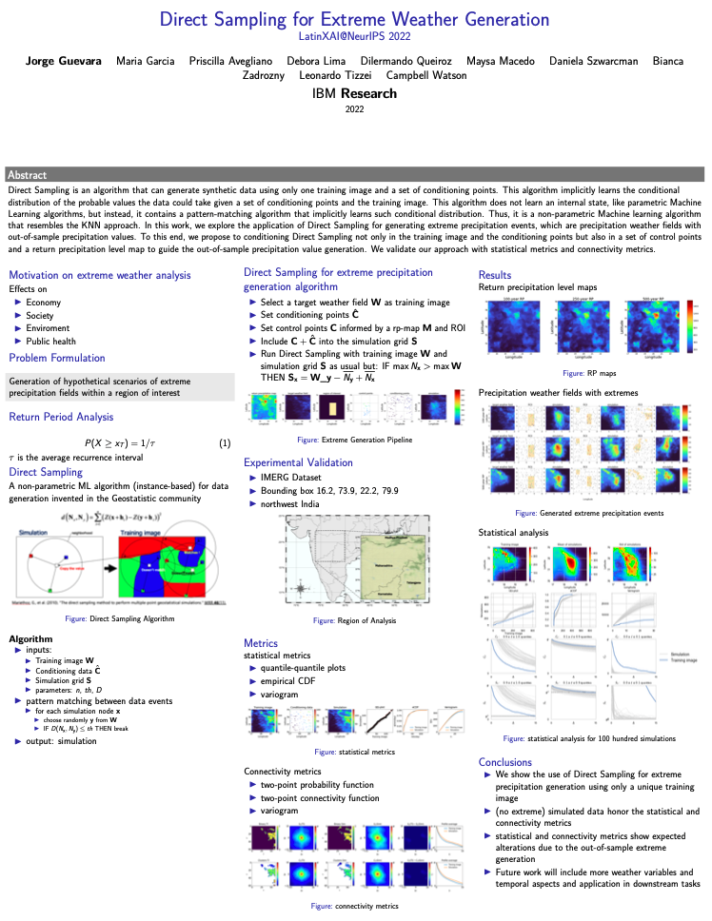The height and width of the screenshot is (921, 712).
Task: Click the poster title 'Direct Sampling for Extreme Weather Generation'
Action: tap(354, 19)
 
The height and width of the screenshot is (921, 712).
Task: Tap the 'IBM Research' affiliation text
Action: tap(354, 93)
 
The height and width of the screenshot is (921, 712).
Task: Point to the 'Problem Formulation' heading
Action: tap(58, 358)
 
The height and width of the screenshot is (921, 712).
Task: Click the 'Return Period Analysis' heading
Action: tap(63, 417)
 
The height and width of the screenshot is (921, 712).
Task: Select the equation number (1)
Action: tap(225, 443)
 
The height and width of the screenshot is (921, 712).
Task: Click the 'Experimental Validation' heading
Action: tap(299, 462)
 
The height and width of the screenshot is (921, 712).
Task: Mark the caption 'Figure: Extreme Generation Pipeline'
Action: tap(354, 440)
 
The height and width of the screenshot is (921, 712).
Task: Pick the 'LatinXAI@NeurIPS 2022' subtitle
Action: tap(354, 36)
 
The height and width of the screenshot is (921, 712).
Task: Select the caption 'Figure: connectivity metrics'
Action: tap(353, 907)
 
